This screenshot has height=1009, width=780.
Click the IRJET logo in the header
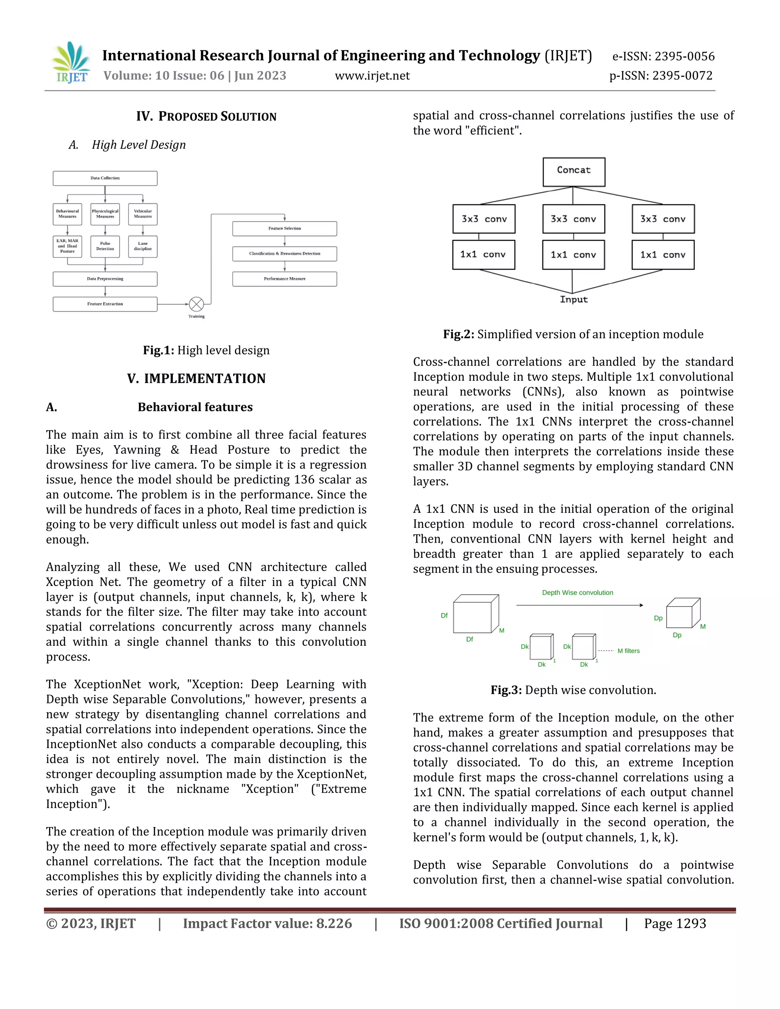(71, 63)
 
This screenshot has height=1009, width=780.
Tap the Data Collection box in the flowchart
(105, 178)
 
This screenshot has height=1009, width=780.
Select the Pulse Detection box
(105, 246)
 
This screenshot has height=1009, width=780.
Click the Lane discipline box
(143, 246)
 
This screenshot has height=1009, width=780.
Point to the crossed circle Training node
(197, 304)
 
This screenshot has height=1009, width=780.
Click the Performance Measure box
(284, 279)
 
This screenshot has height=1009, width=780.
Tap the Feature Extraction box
(105, 304)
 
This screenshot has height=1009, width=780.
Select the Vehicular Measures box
(143, 214)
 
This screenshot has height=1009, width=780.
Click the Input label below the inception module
(574, 299)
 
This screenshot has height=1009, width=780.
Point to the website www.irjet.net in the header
(372, 76)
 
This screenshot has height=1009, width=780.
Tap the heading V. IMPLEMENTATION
(197, 378)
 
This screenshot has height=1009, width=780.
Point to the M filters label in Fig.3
(628, 651)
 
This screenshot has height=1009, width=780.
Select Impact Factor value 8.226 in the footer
(267, 924)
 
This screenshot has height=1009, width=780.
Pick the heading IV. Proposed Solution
(206, 117)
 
